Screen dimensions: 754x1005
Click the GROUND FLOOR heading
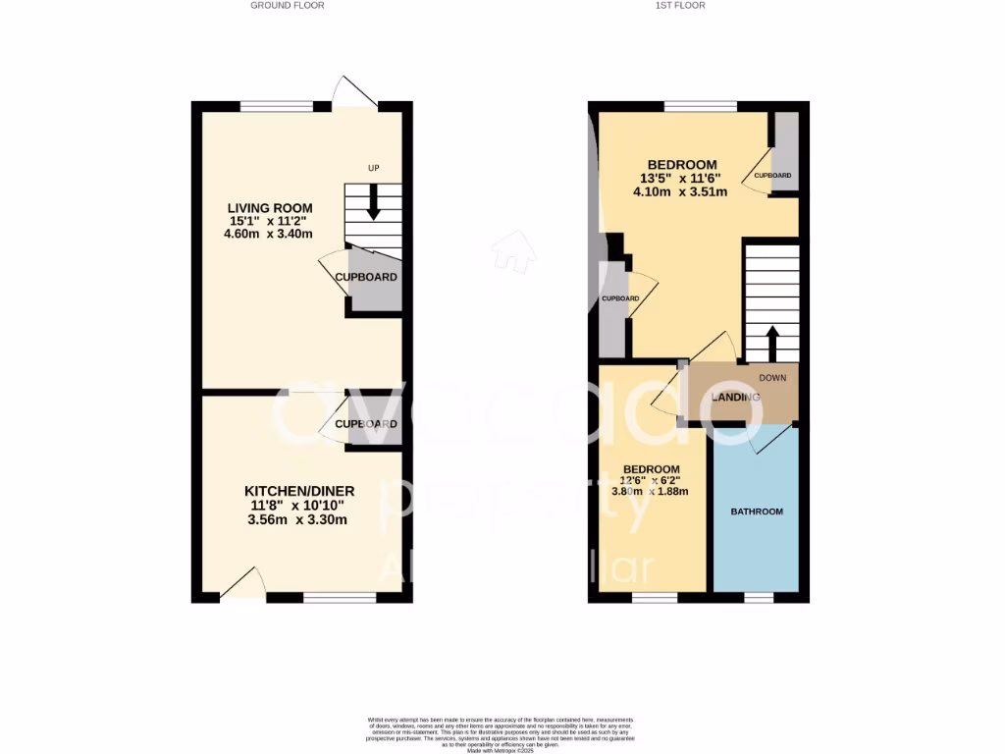pos(287,5)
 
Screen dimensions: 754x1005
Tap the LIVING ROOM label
pos(270,208)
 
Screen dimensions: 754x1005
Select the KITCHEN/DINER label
pos(299,491)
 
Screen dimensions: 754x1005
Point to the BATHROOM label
pos(757,512)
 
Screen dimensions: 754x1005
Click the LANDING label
pos(736,397)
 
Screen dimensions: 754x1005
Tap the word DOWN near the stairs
pos(772,376)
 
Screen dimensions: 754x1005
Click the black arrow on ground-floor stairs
pos(373,204)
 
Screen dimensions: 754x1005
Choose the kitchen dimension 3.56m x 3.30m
pos(299,520)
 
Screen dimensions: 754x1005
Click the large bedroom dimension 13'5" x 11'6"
pos(680,179)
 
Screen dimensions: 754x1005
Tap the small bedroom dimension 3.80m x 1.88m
pos(650,491)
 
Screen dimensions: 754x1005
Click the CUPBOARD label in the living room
pos(366,277)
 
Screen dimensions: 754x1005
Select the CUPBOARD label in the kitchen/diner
pos(366,424)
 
